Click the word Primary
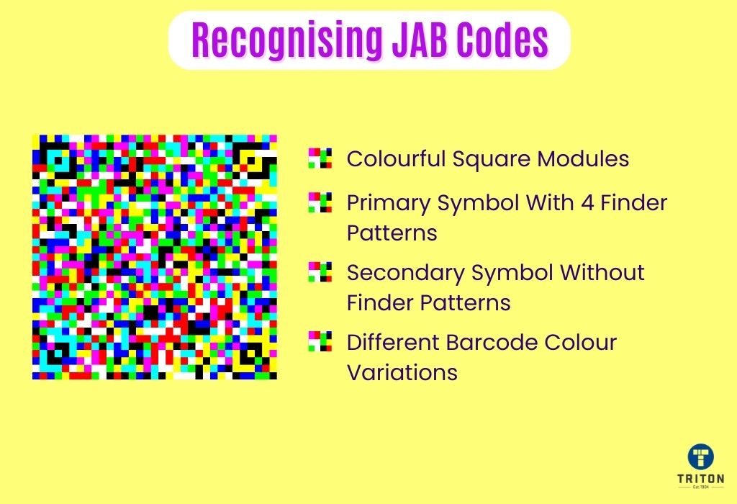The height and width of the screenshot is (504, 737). pos(388,204)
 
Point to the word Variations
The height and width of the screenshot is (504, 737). pos(402,372)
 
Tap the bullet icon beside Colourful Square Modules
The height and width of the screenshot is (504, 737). pos(320,158)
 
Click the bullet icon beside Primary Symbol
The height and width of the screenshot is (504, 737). pos(320,203)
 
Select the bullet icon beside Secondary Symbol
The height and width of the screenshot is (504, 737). pos(320,272)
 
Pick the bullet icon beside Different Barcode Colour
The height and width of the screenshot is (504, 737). pos(320,341)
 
